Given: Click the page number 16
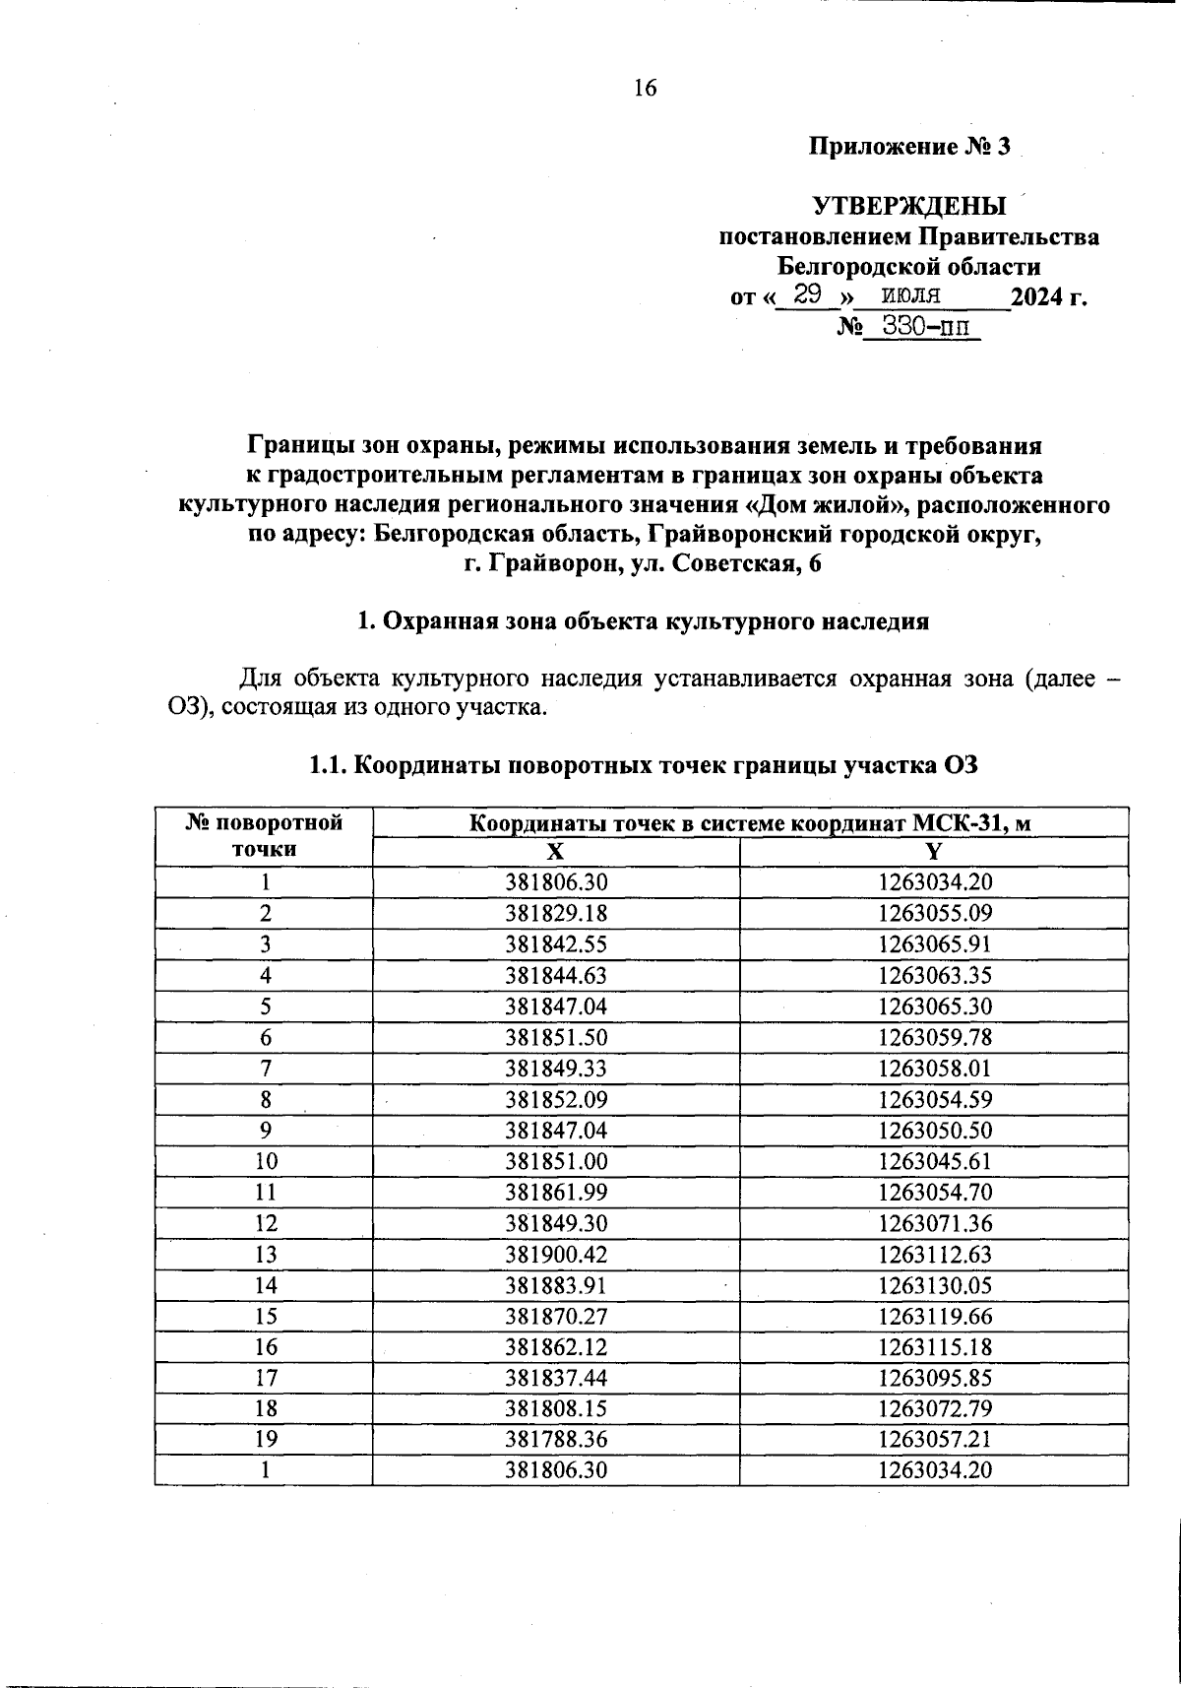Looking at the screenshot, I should click(x=645, y=89).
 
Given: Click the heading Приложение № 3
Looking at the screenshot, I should click(x=909, y=148).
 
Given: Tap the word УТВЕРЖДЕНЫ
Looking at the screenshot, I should click(x=909, y=207).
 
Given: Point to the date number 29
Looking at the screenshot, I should click(x=808, y=294).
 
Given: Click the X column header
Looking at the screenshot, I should click(x=556, y=853).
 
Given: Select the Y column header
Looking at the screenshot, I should click(x=934, y=853).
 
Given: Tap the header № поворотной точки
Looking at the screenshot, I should click(x=264, y=836).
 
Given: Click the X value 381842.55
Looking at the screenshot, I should click(x=556, y=944).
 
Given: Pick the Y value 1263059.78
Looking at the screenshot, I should click(x=934, y=1037).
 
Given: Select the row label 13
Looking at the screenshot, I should click(x=265, y=1254).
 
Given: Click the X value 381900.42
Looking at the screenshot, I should click(x=556, y=1254).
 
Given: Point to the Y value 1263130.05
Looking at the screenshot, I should click(x=934, y=1285).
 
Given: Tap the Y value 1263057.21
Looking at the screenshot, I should click(x=934, y=1439).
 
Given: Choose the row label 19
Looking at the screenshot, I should click(x=265, y=1439).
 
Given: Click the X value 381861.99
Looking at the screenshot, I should click(x=556, y=1193).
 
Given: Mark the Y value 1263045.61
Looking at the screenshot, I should click(x=934, y=1161).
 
